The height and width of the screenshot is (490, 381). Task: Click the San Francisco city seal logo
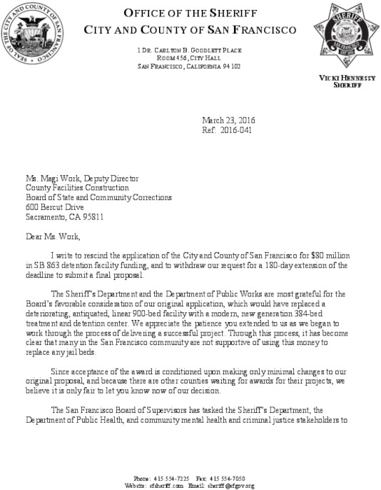coord(36,36)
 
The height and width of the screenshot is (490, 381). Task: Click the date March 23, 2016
coord(228,120)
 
